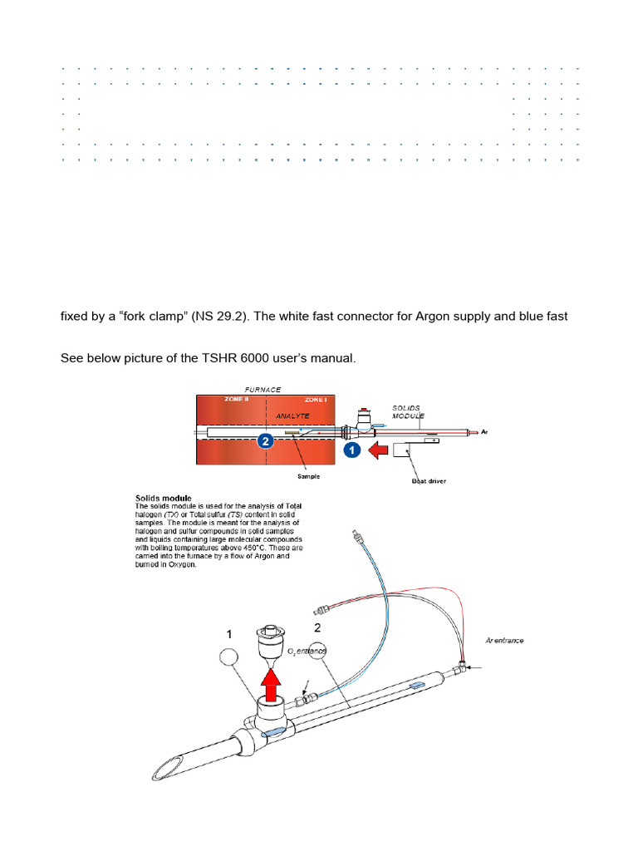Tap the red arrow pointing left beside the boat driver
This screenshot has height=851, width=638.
pos(379,451)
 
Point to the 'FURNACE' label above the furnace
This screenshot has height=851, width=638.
pos(263,388)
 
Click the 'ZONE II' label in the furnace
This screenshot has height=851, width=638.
pos(237,399)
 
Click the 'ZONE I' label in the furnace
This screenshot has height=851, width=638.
pos(315,399)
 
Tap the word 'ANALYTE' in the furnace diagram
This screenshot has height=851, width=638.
pos(292,416)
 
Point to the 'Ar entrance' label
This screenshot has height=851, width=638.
pos(504,641)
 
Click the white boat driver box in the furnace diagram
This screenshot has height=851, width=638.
pos(405,451)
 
